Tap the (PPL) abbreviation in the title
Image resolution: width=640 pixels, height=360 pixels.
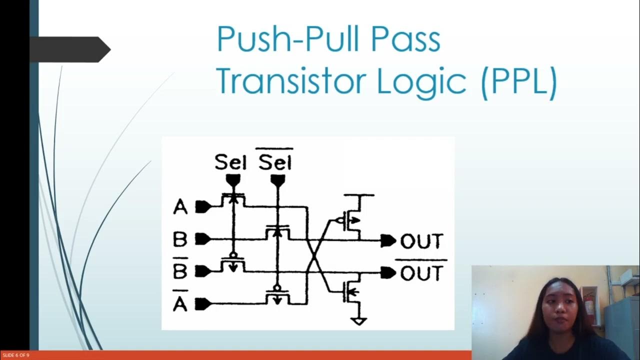tap(518, 82)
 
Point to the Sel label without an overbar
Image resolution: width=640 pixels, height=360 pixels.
tap(230, 162)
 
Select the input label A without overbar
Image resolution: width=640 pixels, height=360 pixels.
tap(180, 206)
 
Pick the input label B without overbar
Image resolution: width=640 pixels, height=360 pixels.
tap(180, 239)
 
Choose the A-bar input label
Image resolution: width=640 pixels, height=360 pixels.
tap(180, 302)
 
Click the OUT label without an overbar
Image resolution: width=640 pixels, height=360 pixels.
tap(421, 241)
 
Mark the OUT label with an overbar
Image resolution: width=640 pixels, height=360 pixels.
tap(421, 273)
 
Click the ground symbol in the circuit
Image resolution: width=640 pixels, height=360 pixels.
tap(358, 320)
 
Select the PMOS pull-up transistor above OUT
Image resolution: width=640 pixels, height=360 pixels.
tap(352, 219)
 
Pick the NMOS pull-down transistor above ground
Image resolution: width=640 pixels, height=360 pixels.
tap(352, 292)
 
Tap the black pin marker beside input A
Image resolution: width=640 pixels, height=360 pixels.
tap(202, 206)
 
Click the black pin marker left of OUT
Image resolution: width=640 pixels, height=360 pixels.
tap(388, 241)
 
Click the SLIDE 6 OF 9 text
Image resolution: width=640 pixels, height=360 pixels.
tap(15, 355)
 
